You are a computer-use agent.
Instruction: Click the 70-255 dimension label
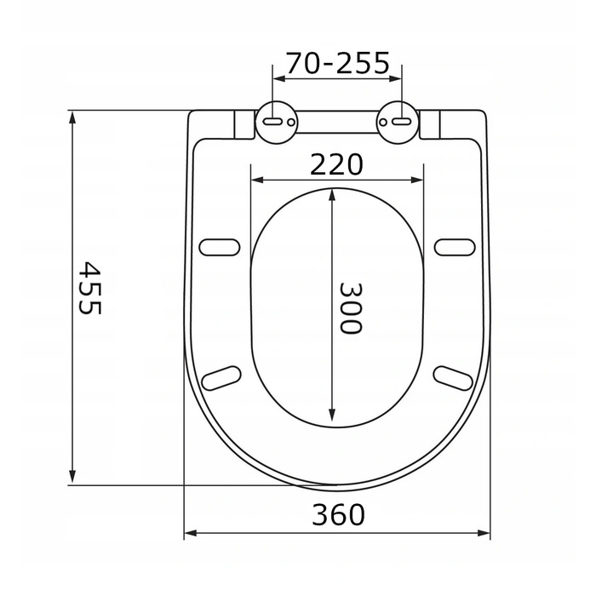click(x=337, y=63)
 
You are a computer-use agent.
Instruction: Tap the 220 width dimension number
click(x=337, y=164)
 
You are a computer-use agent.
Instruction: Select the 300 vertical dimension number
click(x=350, y=308)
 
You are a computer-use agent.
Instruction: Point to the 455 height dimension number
click(x=89, y=288)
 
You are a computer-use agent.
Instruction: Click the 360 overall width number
click(x=338, y=514)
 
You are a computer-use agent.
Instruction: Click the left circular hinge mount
click(x=277, y=123)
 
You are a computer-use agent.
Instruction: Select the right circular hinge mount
click(x=398, y=123)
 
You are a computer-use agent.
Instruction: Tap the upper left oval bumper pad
click(x=220, y=247)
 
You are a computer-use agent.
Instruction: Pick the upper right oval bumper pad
click(x=455, y=247)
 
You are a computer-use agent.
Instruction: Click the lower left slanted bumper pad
click(x=221, y=378)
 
